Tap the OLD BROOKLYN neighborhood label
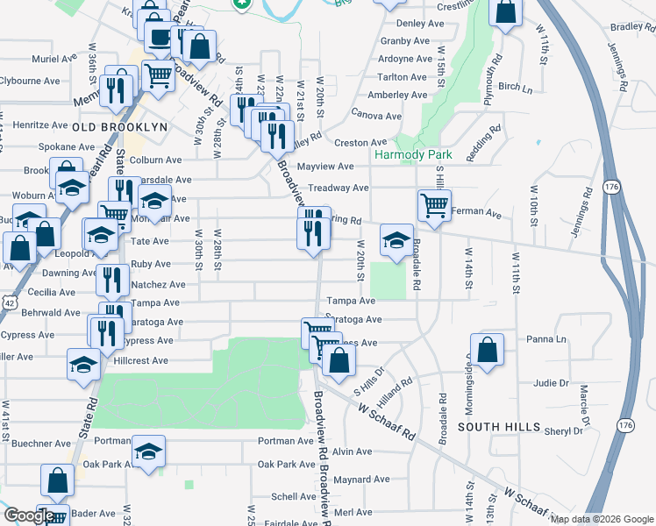119,127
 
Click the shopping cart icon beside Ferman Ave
433,206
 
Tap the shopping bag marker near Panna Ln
488,349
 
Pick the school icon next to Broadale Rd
396,239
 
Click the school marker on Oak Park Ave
148,452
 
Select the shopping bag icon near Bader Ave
58,480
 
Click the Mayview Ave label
324,167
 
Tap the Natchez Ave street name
158,285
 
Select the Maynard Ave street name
361,480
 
